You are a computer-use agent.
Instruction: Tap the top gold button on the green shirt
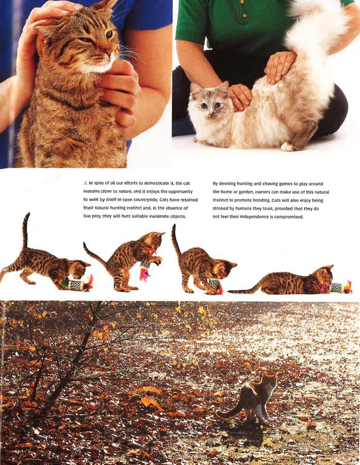click(x=242, y=2)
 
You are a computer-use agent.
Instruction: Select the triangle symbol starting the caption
click(x=85, y=183)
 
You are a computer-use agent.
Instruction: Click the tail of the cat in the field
click(x=228, y=412)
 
